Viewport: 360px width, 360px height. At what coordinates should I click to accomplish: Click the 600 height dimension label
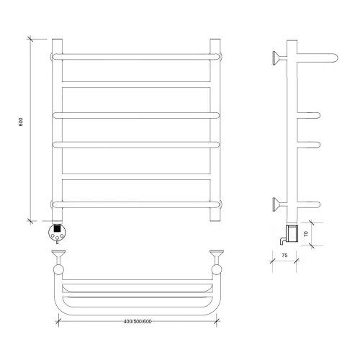click(21, 122)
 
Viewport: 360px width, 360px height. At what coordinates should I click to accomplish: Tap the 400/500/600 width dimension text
click(138, 321)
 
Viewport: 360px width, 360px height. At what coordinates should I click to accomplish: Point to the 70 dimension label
click(306, 234)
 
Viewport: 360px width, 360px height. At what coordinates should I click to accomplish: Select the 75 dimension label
click(284, 256)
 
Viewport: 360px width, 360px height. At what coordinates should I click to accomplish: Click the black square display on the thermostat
click(57, 228)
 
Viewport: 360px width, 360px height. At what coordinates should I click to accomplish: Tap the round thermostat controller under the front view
click(57, 232)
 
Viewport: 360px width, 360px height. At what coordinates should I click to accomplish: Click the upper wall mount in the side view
click(279, 58)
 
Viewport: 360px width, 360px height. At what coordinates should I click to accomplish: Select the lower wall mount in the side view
click(279, 204)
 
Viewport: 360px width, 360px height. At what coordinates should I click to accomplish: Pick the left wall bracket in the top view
click(58, 262)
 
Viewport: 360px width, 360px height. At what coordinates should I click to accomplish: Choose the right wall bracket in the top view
click(217, 262)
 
